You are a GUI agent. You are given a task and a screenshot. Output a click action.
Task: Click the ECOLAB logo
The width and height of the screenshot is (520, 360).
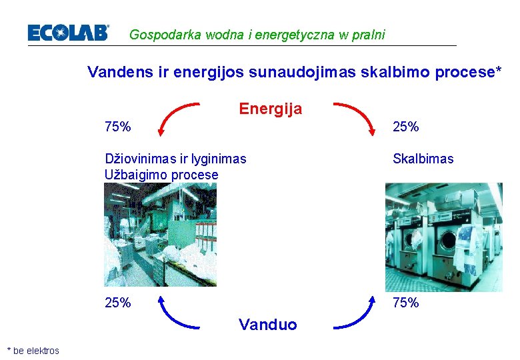68,33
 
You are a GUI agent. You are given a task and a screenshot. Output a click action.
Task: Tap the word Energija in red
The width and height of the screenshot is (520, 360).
270,108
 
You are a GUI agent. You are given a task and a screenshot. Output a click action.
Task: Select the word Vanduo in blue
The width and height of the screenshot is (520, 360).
267,325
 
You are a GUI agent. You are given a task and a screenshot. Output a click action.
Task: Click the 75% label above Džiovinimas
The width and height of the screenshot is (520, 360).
118,126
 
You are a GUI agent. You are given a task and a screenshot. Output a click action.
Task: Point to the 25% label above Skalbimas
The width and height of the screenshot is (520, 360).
405,126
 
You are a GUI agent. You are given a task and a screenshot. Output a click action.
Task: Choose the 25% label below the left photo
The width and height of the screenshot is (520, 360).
118,303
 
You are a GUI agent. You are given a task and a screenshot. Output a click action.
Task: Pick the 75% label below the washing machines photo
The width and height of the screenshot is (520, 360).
405,303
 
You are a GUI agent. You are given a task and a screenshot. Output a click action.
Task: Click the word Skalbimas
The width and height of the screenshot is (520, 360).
423,159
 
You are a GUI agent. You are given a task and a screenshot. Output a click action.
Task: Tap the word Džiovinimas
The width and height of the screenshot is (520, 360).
137,159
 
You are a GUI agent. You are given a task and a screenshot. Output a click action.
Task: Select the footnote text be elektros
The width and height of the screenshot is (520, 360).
36,351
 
